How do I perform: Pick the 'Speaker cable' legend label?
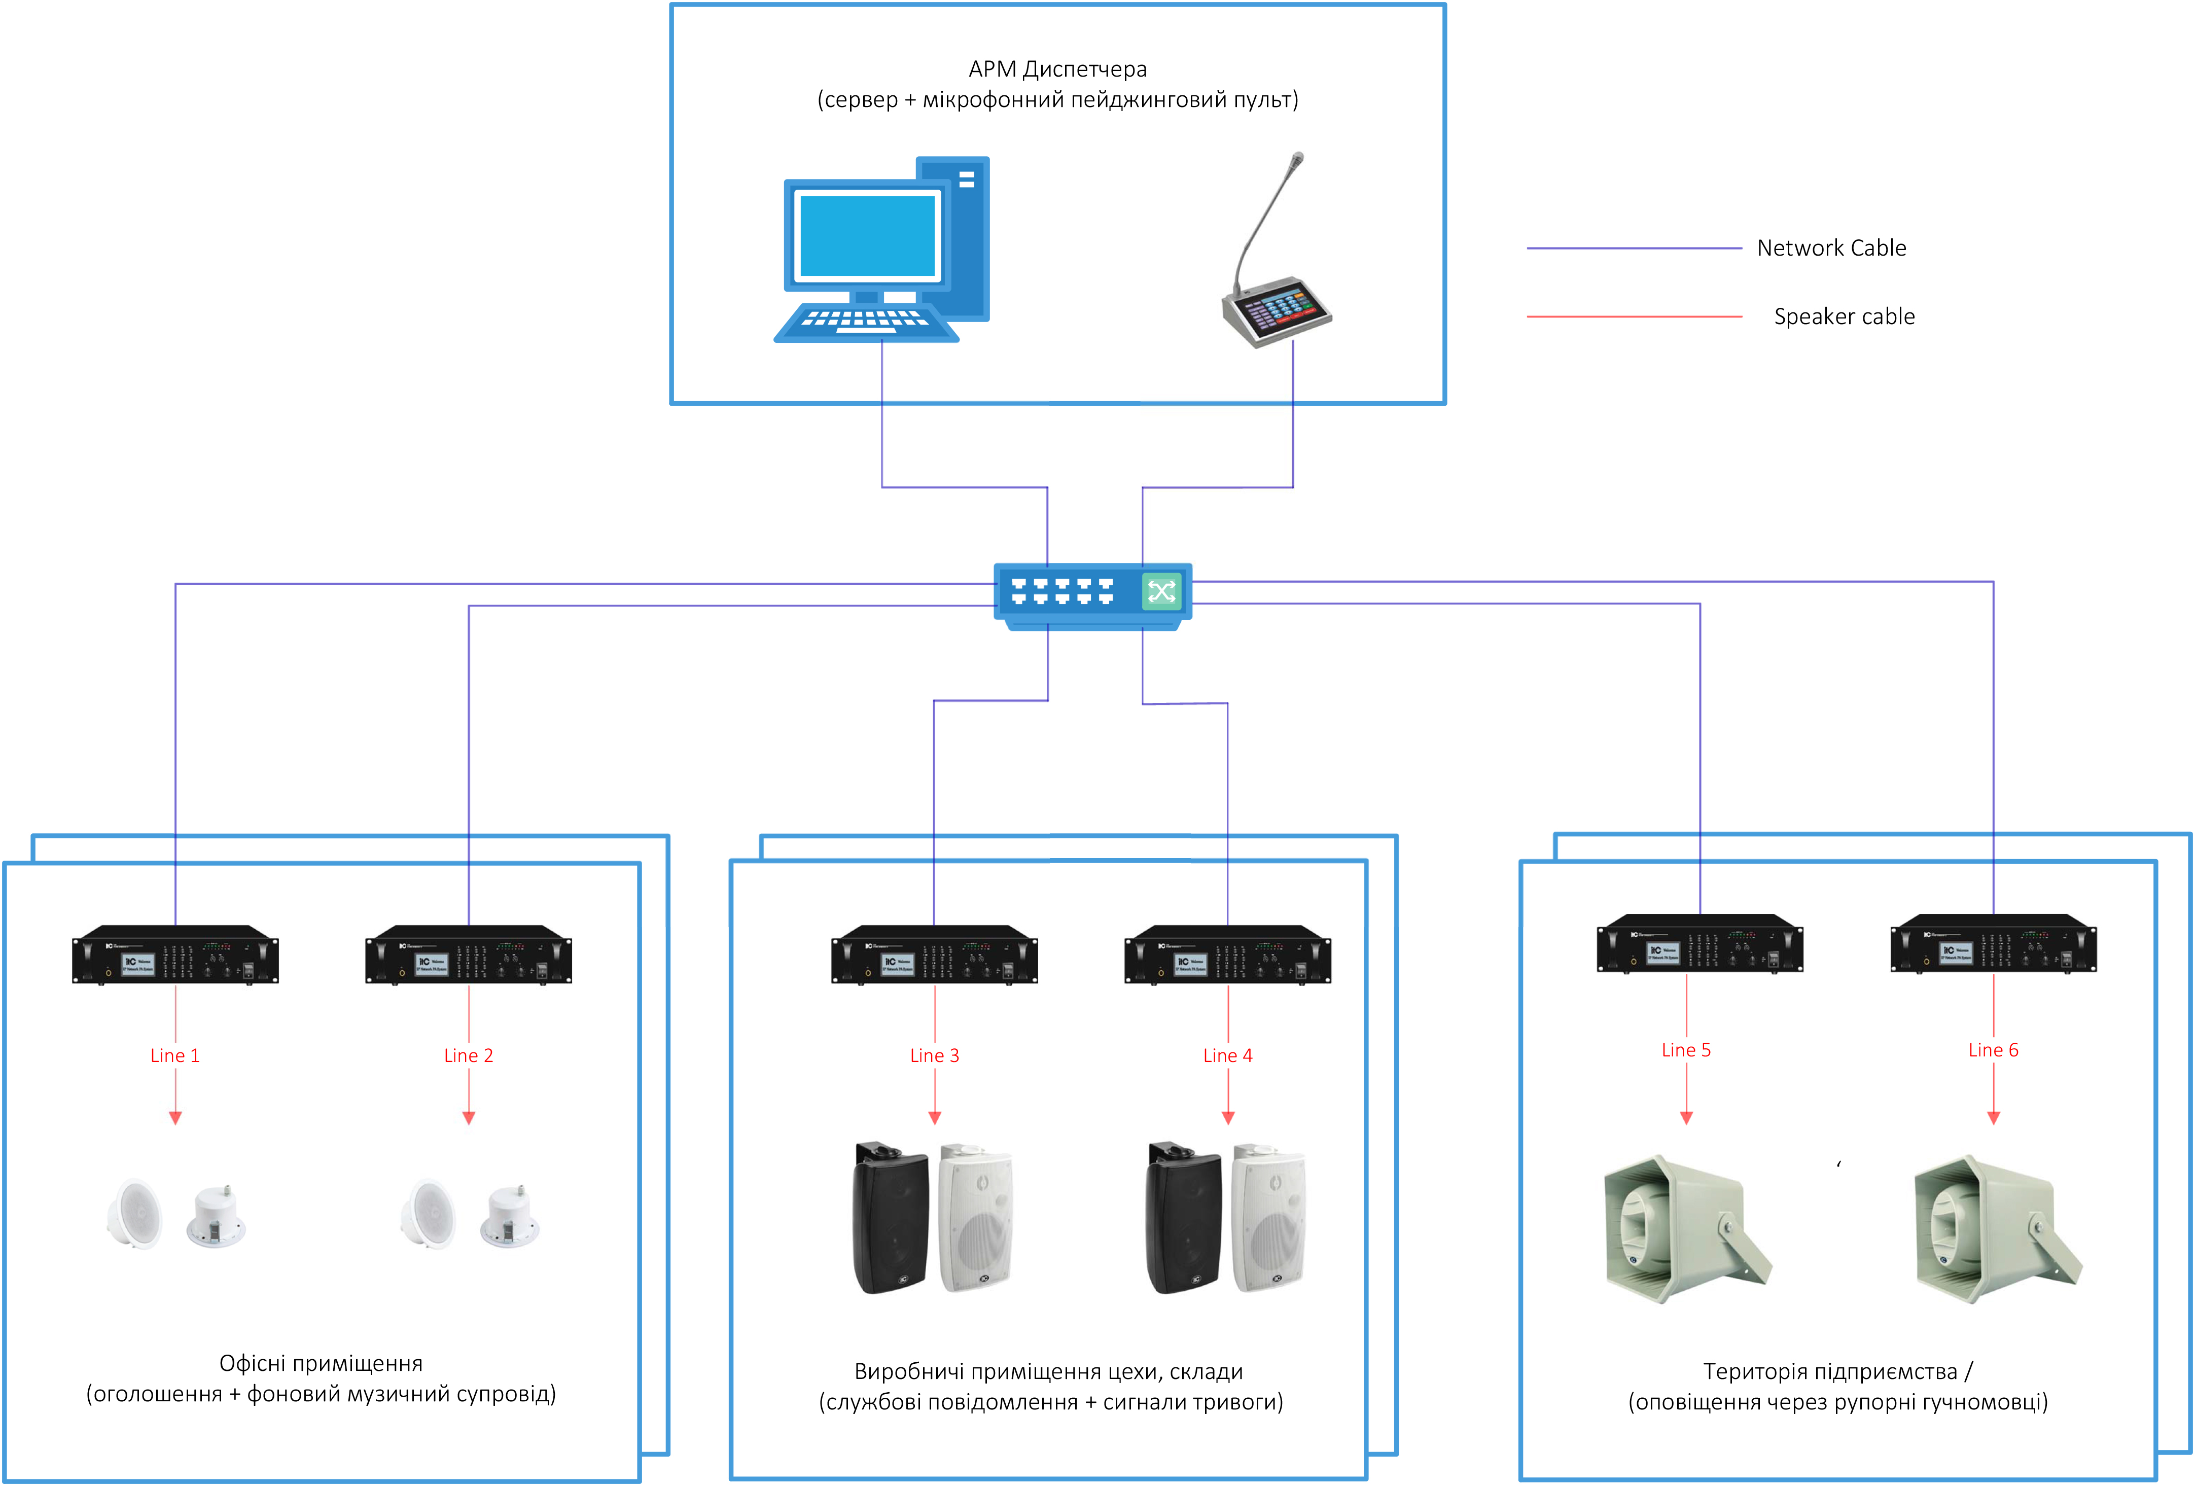pos(1844,316)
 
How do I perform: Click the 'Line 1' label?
pos(175,1055)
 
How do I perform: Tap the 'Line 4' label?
pos(1228,1055)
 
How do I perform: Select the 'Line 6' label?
pos(1993,1049)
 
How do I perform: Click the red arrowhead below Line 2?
pos(469,1118)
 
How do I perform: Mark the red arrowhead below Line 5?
pos(1687,1118)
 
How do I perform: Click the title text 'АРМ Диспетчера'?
pos(1058,69)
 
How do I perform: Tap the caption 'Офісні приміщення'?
pos(321,1363)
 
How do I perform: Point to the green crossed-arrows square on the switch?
pos(1162,591)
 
